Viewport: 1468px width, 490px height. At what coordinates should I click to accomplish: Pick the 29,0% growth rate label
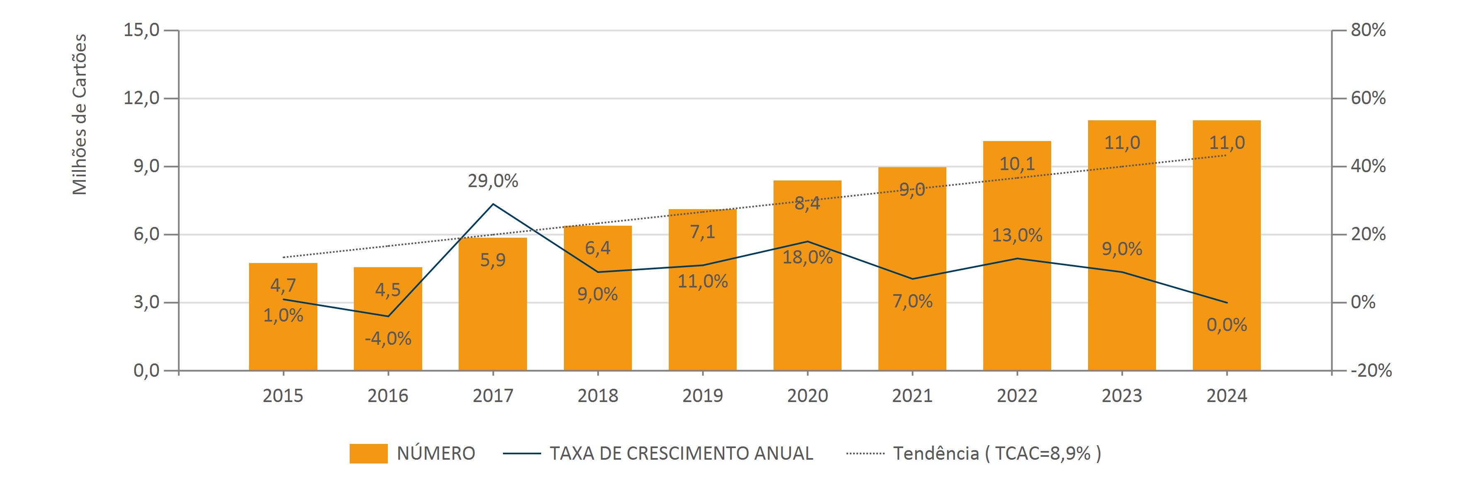click(493, 181)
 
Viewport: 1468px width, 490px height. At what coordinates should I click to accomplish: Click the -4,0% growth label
click(388, 339)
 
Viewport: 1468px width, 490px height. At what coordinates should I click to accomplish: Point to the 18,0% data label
click(808, 257)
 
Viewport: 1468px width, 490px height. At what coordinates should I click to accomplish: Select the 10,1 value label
click(1017, 164)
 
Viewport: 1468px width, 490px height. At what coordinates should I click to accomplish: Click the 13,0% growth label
click(1017, 235)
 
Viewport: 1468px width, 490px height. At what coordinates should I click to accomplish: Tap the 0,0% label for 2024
click(1227, 325)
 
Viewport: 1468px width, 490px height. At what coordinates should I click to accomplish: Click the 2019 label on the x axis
click(703, 396)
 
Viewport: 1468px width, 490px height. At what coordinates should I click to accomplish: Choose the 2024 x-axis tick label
click(1227, 396)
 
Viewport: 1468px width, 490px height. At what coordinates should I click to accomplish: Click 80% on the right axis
click(1368, 30)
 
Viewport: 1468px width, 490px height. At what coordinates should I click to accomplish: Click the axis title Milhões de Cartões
click(80, 114)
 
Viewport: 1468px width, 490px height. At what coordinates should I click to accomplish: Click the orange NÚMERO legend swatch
click(368, 453)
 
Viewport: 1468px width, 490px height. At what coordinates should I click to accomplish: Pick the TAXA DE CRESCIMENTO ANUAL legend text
click(681, 453)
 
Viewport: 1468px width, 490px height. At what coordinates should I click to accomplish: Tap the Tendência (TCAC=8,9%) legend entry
click(997, 453)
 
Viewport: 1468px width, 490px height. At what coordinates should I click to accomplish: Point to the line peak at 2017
click(493, 204)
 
